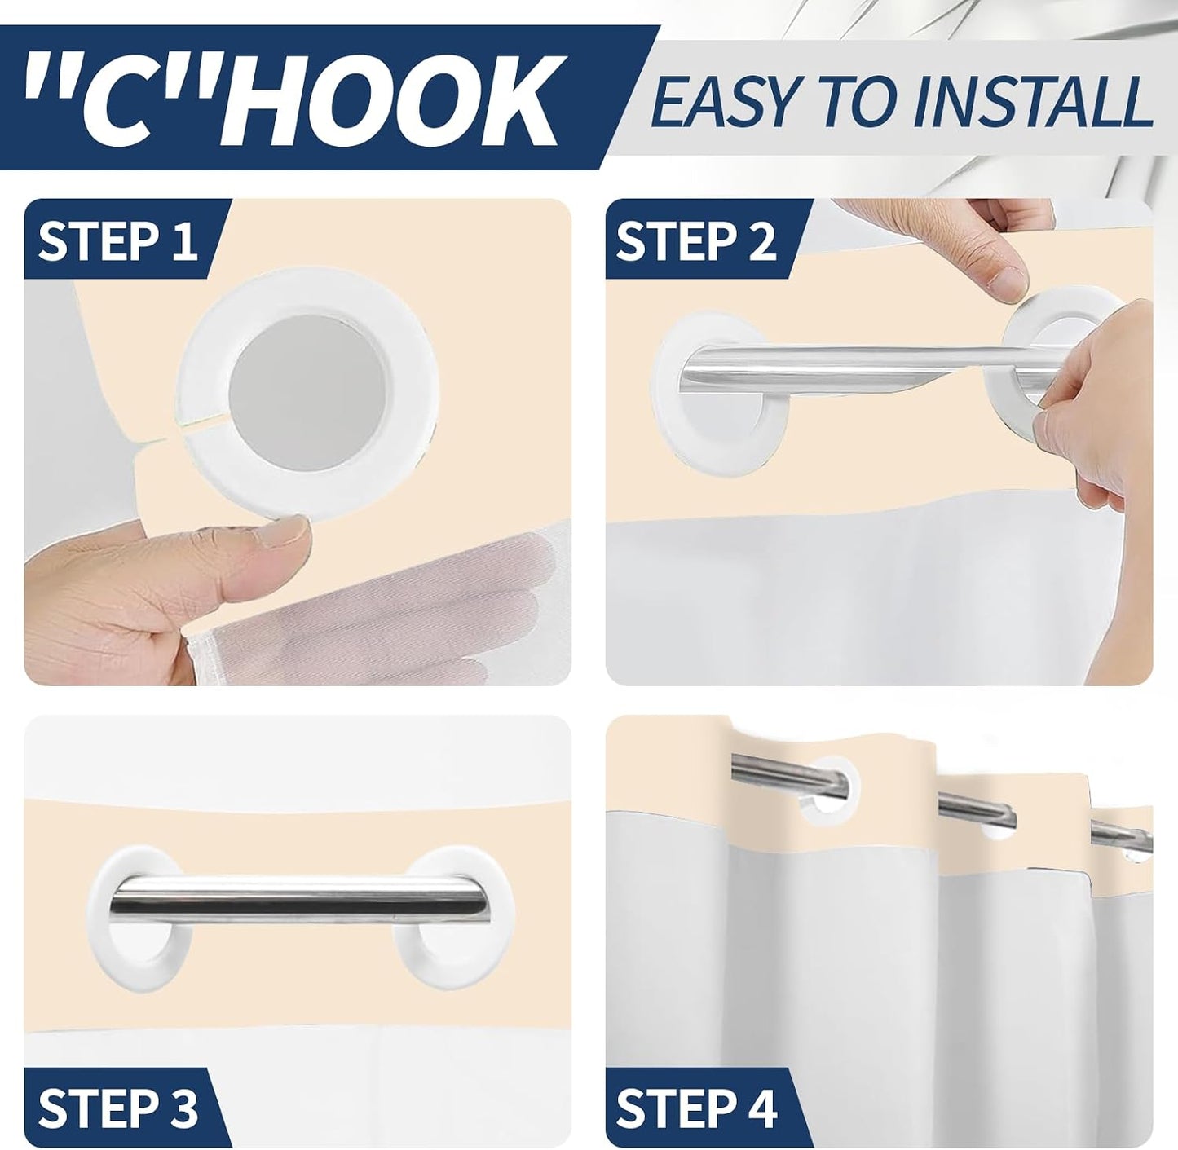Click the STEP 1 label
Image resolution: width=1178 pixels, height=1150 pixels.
click(x=117, y=240)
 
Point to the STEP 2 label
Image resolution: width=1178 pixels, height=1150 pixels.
click(x=696, y=240)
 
